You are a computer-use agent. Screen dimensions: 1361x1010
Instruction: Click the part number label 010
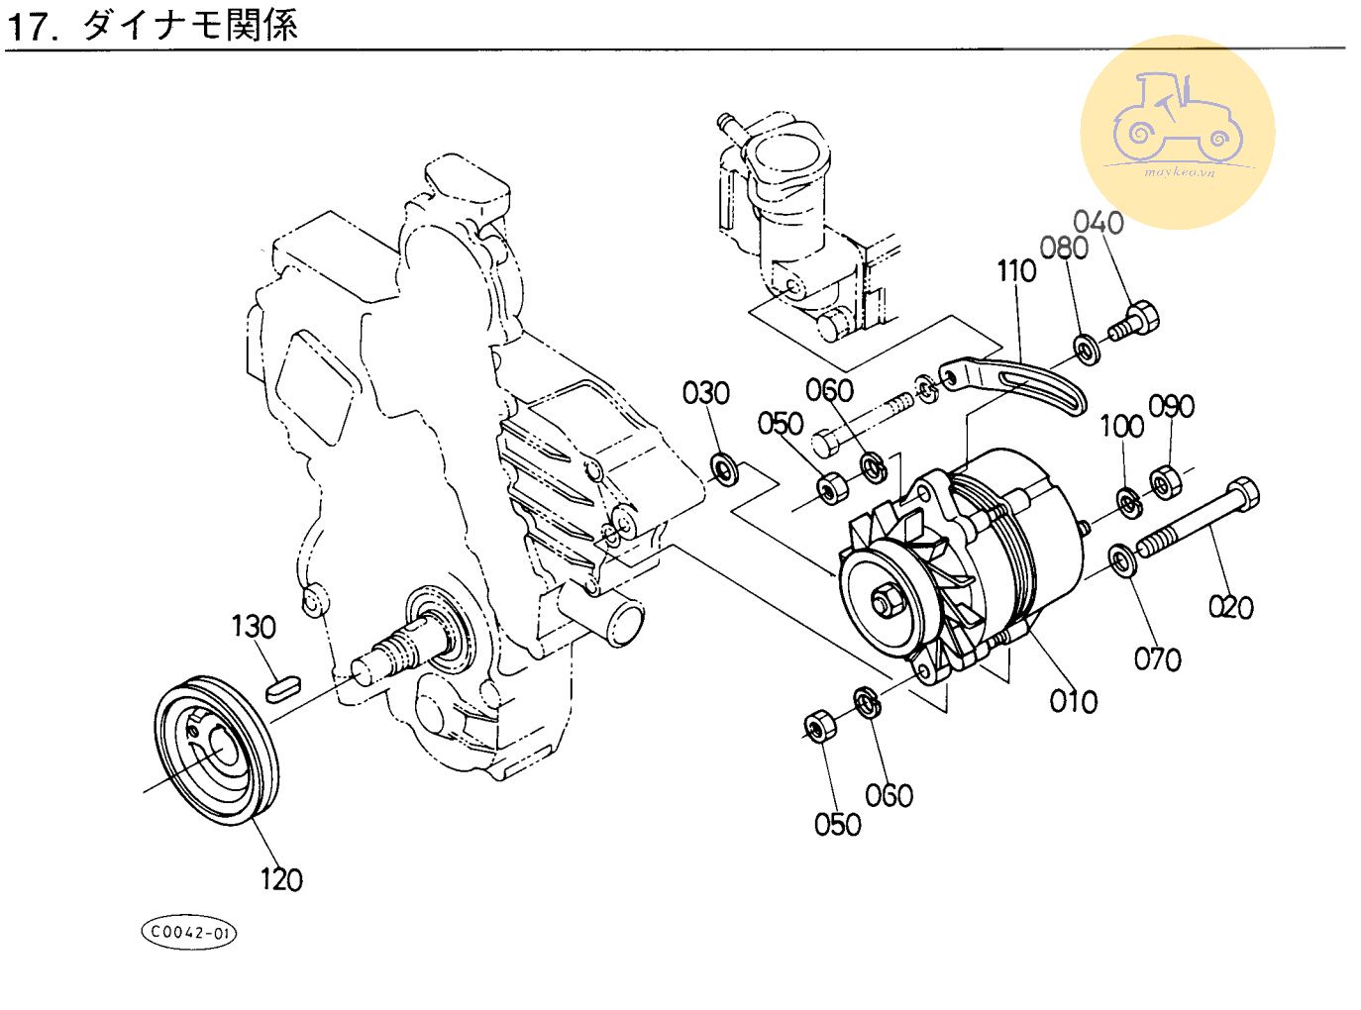coord(1073,701)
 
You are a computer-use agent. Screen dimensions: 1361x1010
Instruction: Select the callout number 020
coord(1230,607)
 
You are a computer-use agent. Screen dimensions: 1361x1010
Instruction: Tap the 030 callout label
coord(705,393)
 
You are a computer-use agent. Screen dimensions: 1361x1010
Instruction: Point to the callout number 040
coord(1099,222)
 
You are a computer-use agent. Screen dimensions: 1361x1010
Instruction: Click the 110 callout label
coord(1016,270)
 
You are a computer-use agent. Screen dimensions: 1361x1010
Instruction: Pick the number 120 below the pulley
coord(281,879)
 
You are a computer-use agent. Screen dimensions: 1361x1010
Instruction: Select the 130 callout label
coord(254,627)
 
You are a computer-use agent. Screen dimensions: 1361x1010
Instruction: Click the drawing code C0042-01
coord(189,933)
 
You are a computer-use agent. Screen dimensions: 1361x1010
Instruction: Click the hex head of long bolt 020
coord(1242,494)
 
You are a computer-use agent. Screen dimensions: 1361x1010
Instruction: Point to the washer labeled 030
coord(726,469)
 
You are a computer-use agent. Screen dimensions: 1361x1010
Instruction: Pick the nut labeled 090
coord(1163,482)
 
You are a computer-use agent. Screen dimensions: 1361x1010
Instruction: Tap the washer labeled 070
coord(1122,559)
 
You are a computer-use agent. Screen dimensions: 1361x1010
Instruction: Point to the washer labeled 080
coord(1087,350)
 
